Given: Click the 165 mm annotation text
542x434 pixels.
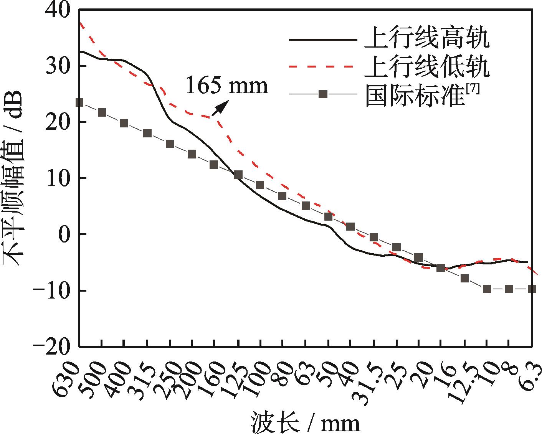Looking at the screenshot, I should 226,86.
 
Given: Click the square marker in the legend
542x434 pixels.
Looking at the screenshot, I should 323,94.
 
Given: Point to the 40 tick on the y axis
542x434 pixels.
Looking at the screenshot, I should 58,9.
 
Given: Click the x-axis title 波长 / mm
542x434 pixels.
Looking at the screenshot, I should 306,422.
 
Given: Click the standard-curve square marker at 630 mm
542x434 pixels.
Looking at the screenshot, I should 79,102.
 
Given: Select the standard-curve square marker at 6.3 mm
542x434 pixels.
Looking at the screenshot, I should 532,289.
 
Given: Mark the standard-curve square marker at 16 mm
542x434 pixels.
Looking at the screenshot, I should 441,268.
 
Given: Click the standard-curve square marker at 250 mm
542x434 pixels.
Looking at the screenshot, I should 170,144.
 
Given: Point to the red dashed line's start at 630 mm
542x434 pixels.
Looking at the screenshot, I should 80,23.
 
